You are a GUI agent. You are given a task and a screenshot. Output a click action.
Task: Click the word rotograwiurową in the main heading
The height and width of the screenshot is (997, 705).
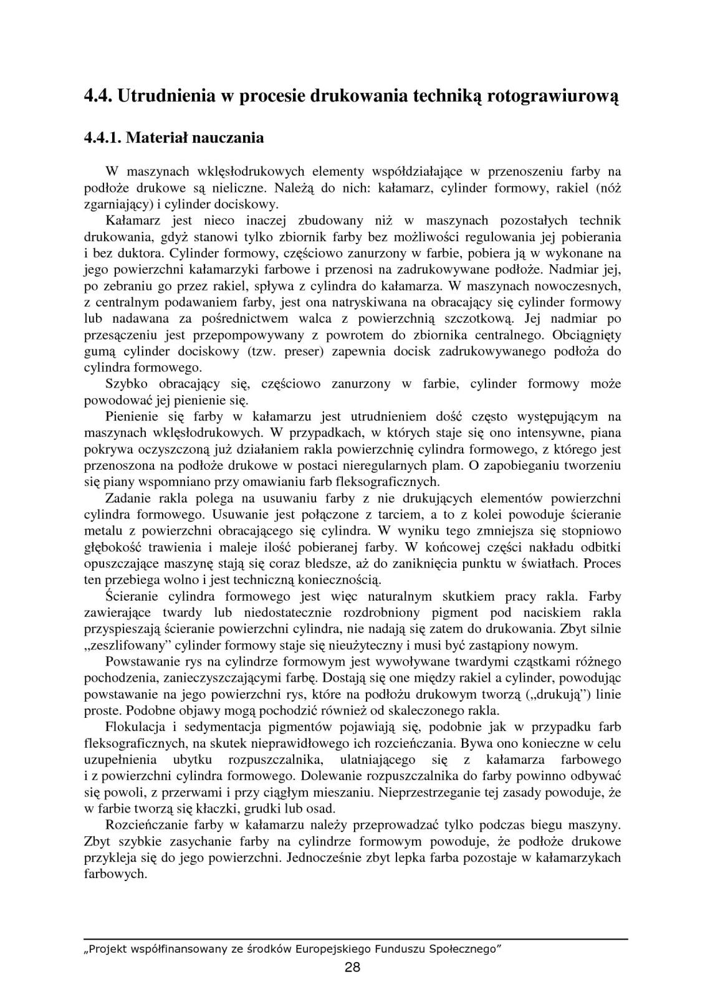point(544,97)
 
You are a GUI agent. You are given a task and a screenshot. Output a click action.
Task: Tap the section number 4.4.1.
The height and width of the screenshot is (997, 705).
point(102,138)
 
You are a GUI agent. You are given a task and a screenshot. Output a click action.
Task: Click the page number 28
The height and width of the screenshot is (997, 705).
point(352,967)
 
